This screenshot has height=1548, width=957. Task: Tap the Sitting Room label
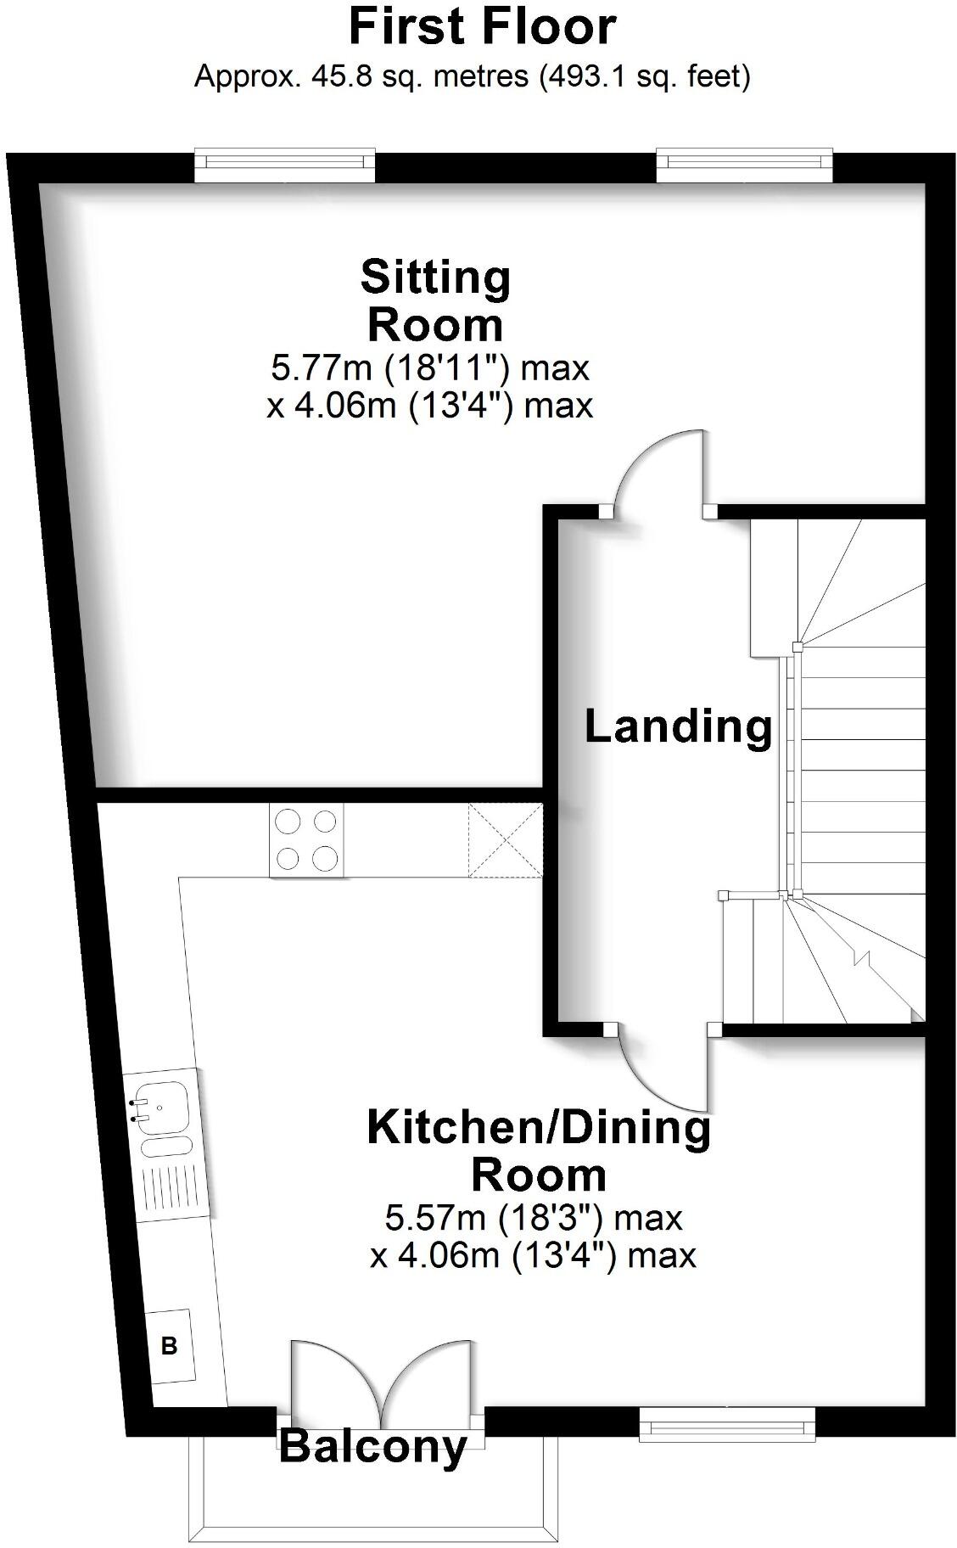435,300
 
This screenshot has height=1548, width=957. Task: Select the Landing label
678,727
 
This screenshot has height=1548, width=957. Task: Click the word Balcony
373,1445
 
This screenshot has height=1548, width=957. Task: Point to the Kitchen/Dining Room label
539,1152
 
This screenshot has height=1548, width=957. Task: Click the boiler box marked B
170,1345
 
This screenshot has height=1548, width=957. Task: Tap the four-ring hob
306,840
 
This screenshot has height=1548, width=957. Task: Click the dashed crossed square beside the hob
506,840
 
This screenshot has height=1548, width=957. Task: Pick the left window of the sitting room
284,165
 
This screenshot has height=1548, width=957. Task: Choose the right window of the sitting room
744,165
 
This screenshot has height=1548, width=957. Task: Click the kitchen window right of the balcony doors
727,1423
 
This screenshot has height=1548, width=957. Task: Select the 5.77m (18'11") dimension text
429,368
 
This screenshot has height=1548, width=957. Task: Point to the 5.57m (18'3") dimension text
534,1218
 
